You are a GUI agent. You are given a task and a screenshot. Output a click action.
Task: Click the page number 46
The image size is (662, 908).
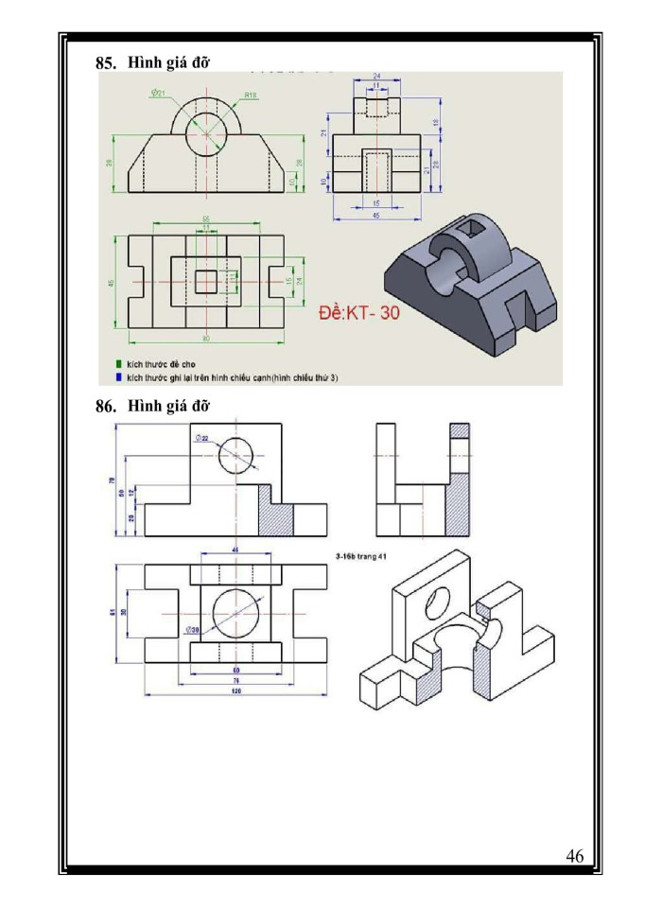[574, 857]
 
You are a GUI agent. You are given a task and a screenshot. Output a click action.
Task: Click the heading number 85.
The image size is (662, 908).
[104, 63]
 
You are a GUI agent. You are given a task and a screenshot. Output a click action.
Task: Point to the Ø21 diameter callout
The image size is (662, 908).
[158, 93]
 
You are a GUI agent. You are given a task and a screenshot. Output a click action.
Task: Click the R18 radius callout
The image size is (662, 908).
[252, 95]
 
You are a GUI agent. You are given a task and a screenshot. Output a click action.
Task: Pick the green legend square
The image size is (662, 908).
[117, 363]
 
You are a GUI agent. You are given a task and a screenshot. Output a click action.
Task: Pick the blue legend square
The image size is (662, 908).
[117, 376]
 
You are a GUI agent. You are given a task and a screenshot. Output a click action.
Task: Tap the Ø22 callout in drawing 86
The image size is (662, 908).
[202, 438]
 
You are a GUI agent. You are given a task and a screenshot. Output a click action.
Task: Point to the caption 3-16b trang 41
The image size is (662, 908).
[361, 556]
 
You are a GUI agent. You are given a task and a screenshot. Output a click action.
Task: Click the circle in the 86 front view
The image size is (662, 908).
[236, 456]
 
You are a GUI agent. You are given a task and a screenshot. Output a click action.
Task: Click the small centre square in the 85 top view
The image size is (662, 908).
[206, 282]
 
